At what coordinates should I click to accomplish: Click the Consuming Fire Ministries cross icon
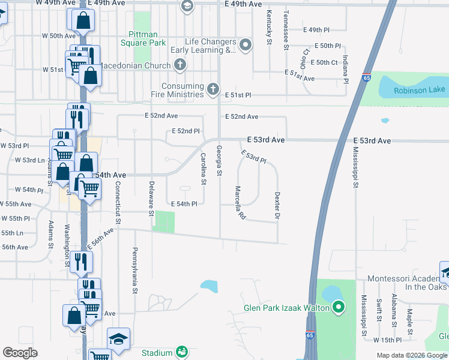(x=212, y=89)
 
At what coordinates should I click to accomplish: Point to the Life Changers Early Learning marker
(x=245, y=46)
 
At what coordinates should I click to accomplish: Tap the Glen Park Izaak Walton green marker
(x=338, y=308)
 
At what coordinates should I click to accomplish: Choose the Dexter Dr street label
(x=277, y=205)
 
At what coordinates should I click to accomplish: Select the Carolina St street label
(x=203, y=169)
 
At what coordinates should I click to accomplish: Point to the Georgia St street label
(x=219, y=161)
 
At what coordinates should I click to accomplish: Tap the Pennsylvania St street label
(x=136, y=269)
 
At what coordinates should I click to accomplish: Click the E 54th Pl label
(x=184, y=204)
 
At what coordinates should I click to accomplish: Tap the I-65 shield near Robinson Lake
(x=366, y=77)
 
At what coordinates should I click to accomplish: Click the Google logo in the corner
(x=20, y=353)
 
